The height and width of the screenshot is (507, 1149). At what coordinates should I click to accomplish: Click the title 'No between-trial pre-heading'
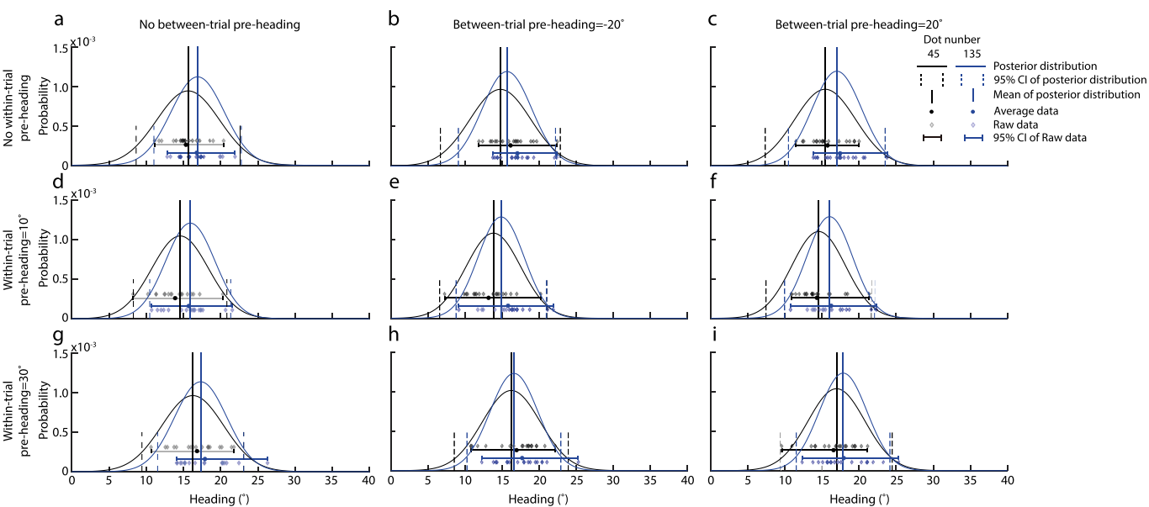tap(220, 25)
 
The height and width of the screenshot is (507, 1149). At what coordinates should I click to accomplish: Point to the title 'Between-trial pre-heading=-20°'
tap(538, 25)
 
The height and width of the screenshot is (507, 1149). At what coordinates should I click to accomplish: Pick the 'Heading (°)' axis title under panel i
tap(859, 499)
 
